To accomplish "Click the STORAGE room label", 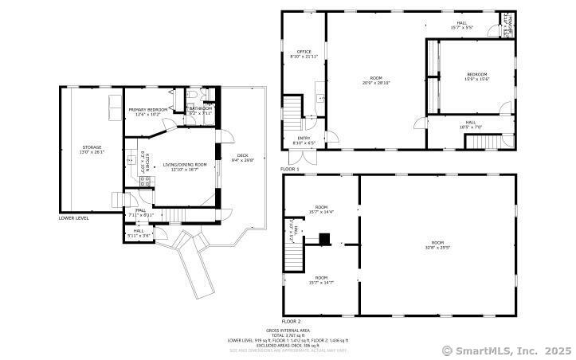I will (92, 149).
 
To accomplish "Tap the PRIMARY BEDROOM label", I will (148, 109).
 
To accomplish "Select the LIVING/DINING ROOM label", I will (185, 165).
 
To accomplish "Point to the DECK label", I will (242, 156).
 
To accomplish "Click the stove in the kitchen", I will (146, 182).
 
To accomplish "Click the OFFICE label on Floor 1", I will (304, 53).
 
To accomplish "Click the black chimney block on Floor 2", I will (324, 237).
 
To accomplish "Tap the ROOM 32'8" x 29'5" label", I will (437, 244).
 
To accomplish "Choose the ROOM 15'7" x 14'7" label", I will (321, 280).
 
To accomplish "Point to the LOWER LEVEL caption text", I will (73, 217).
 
